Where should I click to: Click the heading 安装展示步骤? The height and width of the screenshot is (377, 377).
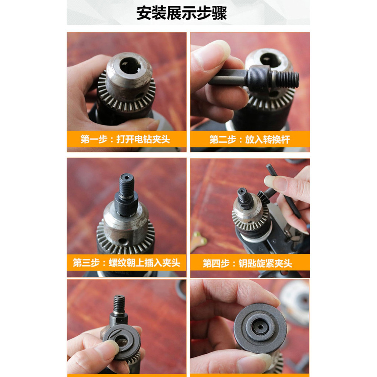click(x=182, y=13)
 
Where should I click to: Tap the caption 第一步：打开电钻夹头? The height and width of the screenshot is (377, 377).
click(x=125, y=139)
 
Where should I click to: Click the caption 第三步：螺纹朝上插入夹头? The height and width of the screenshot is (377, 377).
click(x=127, y=263)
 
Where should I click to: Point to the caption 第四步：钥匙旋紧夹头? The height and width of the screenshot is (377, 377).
click(x=247, y=263)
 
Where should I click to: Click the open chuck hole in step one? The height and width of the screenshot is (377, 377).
click(x=130, y=66)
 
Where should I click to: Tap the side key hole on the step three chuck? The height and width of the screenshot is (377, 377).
click(x=123, y=241)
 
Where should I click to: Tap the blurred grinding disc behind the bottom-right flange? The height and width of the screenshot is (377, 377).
click(x=295, y=302)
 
